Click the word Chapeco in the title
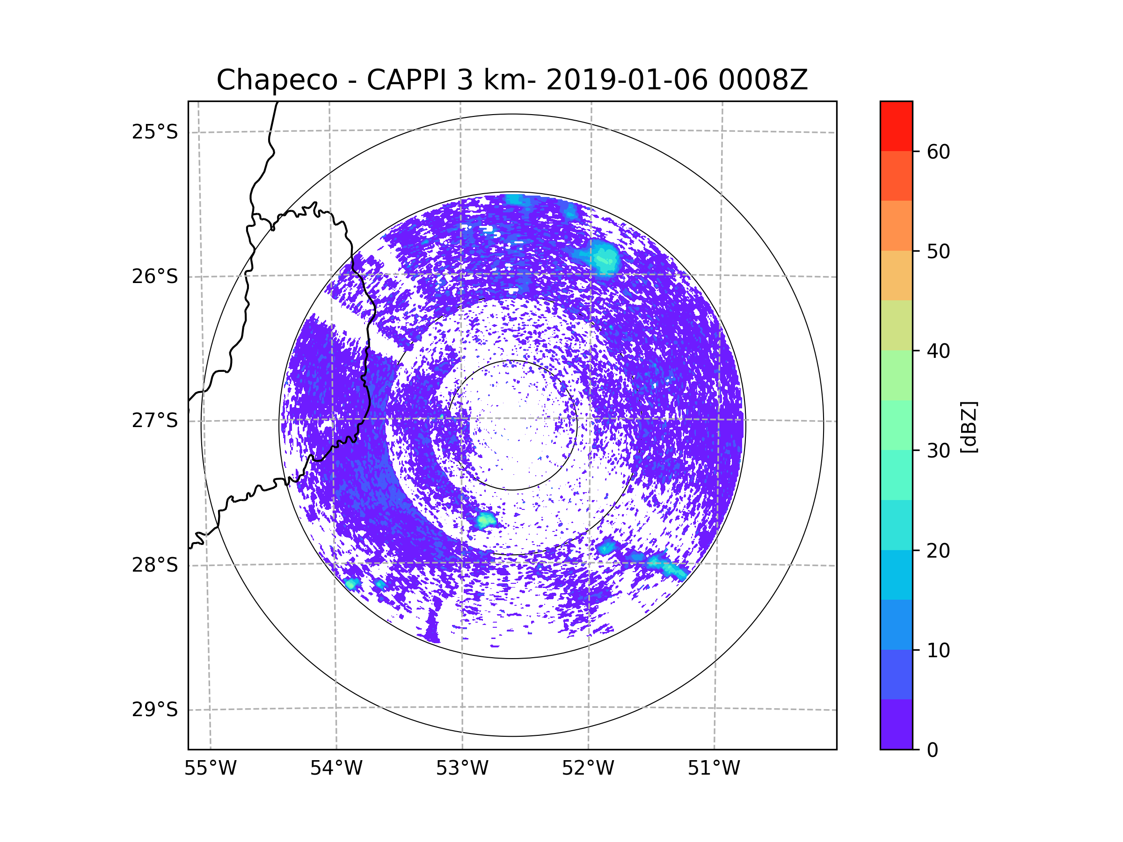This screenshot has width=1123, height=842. (x=277, y=80)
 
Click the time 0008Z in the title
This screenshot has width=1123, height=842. (x=763, y=80)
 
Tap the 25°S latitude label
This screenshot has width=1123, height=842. (x=155, y=132)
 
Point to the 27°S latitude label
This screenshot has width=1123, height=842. (x=155, y=420)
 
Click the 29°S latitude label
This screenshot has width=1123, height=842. (x=155, y=710)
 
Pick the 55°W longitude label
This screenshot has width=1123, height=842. (x=210, y=769)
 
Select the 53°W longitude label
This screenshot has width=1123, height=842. (x=462, y=769)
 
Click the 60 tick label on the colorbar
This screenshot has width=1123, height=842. (x=938, y=152)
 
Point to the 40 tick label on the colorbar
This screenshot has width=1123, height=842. (x=938, y=351)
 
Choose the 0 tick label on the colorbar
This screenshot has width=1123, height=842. (x=933, y=750)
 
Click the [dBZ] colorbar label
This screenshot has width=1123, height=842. (x=969, y=427)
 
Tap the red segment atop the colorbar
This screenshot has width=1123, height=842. (x=896, y=126)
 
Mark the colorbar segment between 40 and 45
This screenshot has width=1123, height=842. (x=896, y=325)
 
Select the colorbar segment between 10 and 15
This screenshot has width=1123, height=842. (x=896, y=624)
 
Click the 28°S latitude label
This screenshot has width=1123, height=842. (x=155, y=565)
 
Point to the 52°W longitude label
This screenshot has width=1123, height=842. (x=588, y=769)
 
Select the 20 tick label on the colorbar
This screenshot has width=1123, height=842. (x=938, y=551)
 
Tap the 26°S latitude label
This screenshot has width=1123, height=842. (x=155, y=276)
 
